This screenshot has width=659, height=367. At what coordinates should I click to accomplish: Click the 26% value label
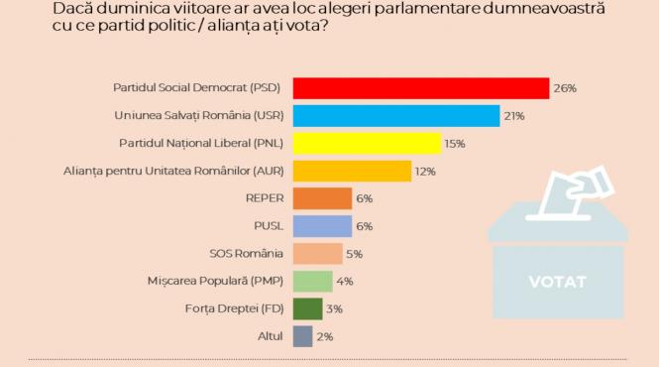coord(565,88)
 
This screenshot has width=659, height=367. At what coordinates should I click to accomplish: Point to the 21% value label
coord(514,116)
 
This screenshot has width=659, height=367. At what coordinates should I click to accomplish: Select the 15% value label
coord(455,144)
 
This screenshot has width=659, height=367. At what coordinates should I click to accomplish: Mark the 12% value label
coord(425,172)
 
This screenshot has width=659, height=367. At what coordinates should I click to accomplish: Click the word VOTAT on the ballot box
coord(557,282)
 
